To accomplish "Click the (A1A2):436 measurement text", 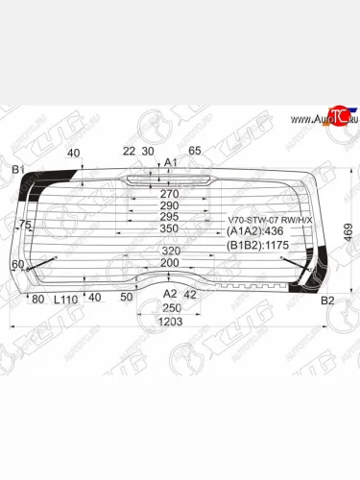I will coord(255,232).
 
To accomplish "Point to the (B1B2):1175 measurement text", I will coord(258,246).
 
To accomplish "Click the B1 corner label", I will coord(17,170).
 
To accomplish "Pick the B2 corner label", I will coord(326,300).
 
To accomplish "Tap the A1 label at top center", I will coord(171,163).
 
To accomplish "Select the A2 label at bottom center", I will coord(169,294).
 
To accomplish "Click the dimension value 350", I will coord(169,229).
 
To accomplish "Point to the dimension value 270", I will coord(169,193).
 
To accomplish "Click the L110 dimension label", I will coord(65,300).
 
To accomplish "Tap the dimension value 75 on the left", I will coord(25,225).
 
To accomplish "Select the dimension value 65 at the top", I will coord(194,151).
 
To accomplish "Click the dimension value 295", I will coord(169,217).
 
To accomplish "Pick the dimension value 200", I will coord(169,263).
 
